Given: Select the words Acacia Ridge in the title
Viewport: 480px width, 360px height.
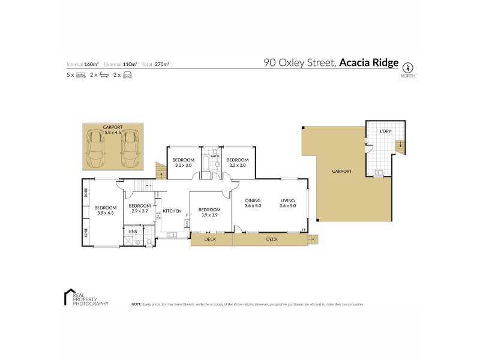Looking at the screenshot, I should pos(369,62).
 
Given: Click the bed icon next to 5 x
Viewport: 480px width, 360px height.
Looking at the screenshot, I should pos(81,75).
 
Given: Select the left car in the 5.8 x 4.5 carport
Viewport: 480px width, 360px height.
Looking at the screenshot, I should pos(96,149).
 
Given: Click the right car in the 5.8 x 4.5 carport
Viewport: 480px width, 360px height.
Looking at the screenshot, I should pos(130,149).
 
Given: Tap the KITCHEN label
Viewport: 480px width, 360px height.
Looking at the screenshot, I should pos(172,211).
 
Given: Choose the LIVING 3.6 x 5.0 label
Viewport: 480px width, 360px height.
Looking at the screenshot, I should pos(288,203).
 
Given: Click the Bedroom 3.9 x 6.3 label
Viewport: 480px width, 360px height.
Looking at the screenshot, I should pos(105,210).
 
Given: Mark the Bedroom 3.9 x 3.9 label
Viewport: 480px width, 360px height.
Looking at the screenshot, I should pos(209,212).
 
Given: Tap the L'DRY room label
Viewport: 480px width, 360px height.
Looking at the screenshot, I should pos(386,131).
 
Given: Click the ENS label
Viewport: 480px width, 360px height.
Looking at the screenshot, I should pos(133,231).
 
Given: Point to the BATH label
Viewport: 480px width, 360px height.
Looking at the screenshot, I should pos(214,157).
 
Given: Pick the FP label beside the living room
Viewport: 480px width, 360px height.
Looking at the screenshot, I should pos(304,230).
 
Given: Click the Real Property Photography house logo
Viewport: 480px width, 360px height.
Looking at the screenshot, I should pos(68,297).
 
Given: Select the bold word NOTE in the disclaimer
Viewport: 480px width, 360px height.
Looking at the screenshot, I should pos(136,304).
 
